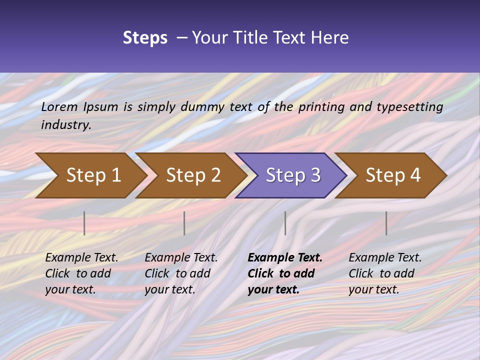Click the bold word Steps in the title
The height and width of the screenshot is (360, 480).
coord(145,38)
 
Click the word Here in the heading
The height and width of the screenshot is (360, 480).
coord(329,38)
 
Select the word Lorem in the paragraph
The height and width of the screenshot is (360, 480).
coord(59,107)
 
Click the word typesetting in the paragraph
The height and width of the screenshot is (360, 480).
coord(409,107)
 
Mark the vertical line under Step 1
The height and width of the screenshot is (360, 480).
coord(84,223)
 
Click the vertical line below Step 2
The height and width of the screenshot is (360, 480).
coord(184,223)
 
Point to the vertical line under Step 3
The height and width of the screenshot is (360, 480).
coord(285,223)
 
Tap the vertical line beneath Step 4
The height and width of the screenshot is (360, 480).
coord(386,223)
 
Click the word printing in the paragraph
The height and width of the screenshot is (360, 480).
coord(321,107)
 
